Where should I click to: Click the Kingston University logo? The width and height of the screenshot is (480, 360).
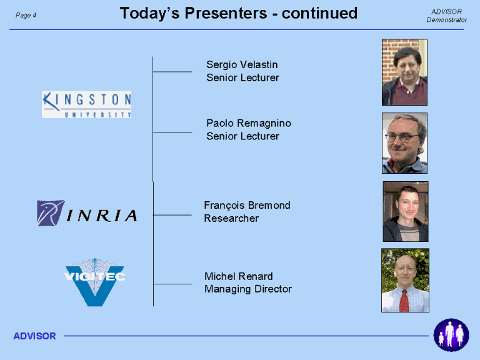[x=87, y=104]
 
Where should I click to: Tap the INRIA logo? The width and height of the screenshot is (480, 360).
[x=87, y=213]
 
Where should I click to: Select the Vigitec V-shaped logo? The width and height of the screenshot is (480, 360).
[x=95, y=282]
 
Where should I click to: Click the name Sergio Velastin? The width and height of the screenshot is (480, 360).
[x=242, y=64]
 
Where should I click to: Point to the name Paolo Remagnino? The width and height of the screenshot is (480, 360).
[x=249, y=123]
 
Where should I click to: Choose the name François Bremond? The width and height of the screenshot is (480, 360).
[x=247, y=206]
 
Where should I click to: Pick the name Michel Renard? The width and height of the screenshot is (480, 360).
[x=239, y=276]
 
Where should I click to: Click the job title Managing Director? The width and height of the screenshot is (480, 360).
[x=248, y=289]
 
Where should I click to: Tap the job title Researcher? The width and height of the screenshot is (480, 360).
[x=231, y=218]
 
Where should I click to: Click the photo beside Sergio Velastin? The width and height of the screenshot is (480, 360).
[x=404, y=72]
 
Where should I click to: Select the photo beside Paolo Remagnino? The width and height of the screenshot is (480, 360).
[x=404, y=143]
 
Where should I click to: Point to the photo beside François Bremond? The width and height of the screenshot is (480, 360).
[x=406, y=211]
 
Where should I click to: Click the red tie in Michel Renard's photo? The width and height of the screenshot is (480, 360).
[x=404, y=301]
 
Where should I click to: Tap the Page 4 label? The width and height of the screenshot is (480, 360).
[x=26, y=15]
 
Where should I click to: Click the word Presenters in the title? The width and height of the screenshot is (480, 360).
[x=226, y=13]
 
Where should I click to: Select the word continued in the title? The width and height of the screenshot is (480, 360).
[x=319, y=13]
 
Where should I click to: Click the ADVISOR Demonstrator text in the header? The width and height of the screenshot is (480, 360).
[x=447, y=16]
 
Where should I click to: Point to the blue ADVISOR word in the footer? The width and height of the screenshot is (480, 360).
[x=34, y=336]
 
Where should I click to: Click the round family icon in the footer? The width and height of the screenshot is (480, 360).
[x=451, y=335]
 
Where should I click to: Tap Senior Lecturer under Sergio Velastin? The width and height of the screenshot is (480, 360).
[x=242, y=77]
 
